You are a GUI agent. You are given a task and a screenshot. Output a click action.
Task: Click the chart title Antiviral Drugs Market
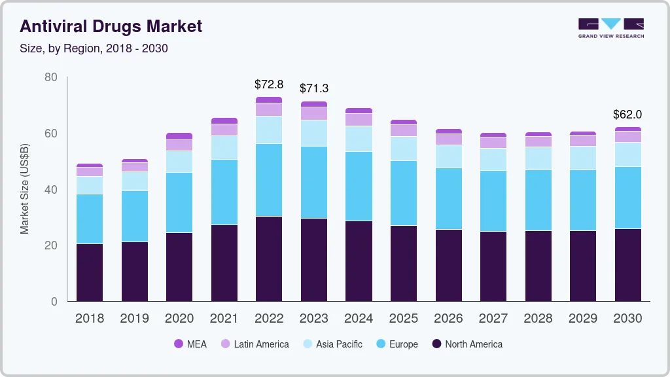pos(111,26)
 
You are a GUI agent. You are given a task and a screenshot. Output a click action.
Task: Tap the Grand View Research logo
pos(610,27)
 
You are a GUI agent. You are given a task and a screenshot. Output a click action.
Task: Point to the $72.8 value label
pos(269,84)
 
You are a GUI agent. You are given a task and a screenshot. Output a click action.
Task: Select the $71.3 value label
pos(314,88)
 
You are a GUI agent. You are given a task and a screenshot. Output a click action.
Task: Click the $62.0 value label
pos(627,115)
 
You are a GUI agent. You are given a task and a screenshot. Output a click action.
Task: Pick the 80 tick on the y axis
pos(51,78)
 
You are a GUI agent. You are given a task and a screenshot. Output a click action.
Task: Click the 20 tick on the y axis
pos(51,246)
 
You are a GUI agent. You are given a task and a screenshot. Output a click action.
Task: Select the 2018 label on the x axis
pos(90,319)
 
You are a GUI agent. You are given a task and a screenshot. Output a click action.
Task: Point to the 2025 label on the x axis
pos(404,319)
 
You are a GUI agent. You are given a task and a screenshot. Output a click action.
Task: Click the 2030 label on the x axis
pos(628,319)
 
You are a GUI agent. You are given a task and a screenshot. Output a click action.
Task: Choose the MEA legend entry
pos(190,344)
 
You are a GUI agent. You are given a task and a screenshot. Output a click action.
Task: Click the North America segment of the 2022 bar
pos(269,259)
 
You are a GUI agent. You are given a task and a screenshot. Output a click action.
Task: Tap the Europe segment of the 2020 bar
pos(179,202)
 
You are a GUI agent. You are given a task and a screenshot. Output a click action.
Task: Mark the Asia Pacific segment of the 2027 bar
pos(493,159)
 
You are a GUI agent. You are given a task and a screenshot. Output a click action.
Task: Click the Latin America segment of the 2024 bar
pos(359,120)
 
